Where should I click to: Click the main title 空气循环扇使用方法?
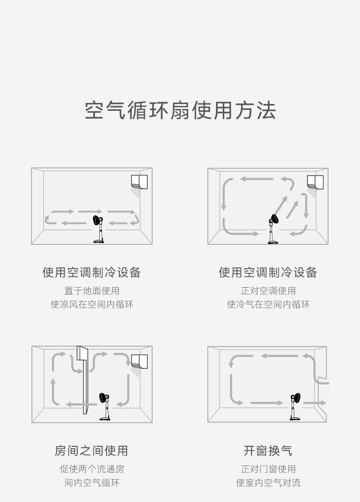(x=180, y=111)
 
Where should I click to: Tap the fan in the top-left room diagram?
(x=98, y=228)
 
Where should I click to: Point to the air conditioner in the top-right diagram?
(x=315, y=181)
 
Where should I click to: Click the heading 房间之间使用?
(x=91, y=451)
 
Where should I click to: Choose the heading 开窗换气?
(x=268, y=451)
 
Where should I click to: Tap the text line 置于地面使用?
(x=92, y=290)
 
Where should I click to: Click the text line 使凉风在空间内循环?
(x=92, y=304)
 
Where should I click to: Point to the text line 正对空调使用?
(x=268, y=290)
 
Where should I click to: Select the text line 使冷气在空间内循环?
(x=268, y=304)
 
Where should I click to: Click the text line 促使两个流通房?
(x=92, y=469)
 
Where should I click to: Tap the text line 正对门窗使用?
(x=268, y=469)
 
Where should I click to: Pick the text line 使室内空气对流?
(x=268, y=482)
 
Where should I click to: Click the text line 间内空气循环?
(x=92, y=482)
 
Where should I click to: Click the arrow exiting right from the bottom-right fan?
(x=315, y=403)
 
